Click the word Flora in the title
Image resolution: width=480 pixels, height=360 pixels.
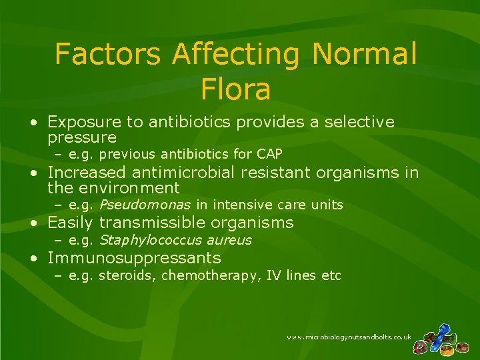pos(235,89)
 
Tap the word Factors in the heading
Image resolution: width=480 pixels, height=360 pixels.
pos(107,54)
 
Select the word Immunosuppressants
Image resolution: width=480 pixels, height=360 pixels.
pos(134,258)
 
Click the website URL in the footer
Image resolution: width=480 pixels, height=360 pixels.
pos(349,338)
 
